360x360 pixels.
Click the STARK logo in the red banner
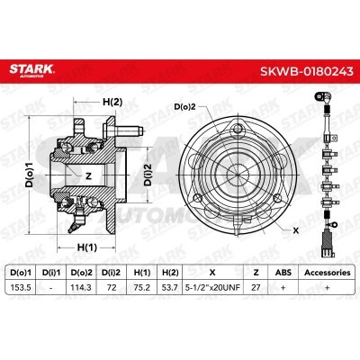pyautogui.click(x=31, y=70)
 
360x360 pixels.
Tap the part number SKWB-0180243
pyautogui.click(x=306, y=71)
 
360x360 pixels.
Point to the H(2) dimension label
pyautogui.click(x=112, y=103)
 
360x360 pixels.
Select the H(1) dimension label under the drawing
pyautogui.click(x=87, y=247)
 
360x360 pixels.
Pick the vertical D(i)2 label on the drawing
pyautogui.click(x=148, y=175)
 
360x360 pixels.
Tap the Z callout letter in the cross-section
pyautogui.click(x=88, y=176)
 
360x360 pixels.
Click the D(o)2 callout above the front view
pyautogui.click(x=185, y=107)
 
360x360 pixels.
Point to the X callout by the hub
pyautogui.click(x=296, y=230)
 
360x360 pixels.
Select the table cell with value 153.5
pyautogui.click(x=21, y=287)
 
